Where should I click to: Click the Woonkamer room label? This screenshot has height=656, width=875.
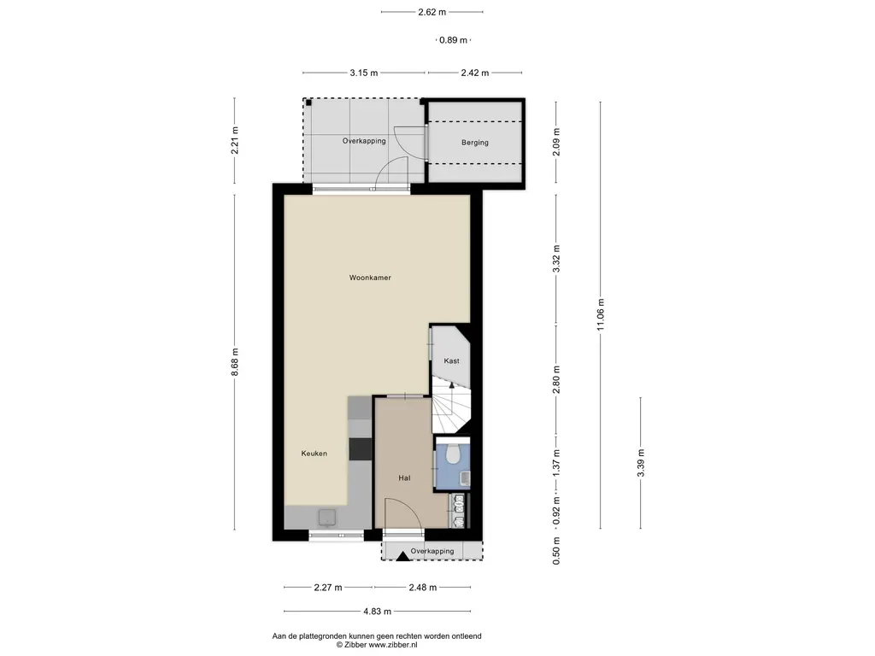(370, 278)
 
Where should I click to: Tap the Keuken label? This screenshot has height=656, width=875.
(314, 454)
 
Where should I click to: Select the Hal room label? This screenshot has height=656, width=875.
(404, 478)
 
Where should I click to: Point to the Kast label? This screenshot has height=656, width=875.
(451, 361)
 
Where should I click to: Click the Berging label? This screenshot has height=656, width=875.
(475, 143)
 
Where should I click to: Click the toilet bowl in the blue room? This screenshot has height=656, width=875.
(453, 454)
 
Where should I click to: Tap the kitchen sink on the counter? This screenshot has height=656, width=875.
(327, 518)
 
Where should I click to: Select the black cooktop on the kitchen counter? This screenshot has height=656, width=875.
(360, 449)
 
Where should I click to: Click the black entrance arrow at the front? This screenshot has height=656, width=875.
(403, 555)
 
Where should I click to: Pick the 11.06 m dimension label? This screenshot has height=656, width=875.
(601, 314)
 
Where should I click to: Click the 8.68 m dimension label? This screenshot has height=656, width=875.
(235, 362)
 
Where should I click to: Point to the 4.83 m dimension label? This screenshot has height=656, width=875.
(377, 612)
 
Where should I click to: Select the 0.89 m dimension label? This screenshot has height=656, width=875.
(453, 40)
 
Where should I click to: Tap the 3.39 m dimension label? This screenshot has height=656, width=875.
(641, 463)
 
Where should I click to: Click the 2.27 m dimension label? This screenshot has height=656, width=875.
(328, 588)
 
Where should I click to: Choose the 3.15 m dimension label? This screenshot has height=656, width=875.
(364, 73)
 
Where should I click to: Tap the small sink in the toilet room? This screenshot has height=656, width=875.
(464, 478)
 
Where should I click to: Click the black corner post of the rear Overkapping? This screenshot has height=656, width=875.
(308, 102)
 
